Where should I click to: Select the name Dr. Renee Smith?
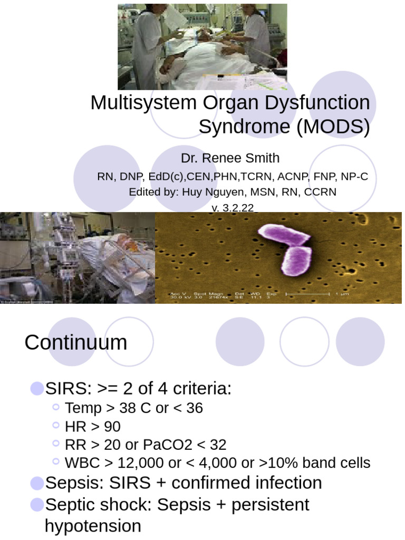click(x=230, y=158)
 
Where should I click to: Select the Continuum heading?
click(x=76, y=343)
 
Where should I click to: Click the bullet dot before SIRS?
click(x=37, y=389)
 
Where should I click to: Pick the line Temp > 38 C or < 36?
click(x=134, y=408)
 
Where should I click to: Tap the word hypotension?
click(x=93, y=526)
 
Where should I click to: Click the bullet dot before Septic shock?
click(x=37, y=505)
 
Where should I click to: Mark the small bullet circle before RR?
click(x=57, y=445)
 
